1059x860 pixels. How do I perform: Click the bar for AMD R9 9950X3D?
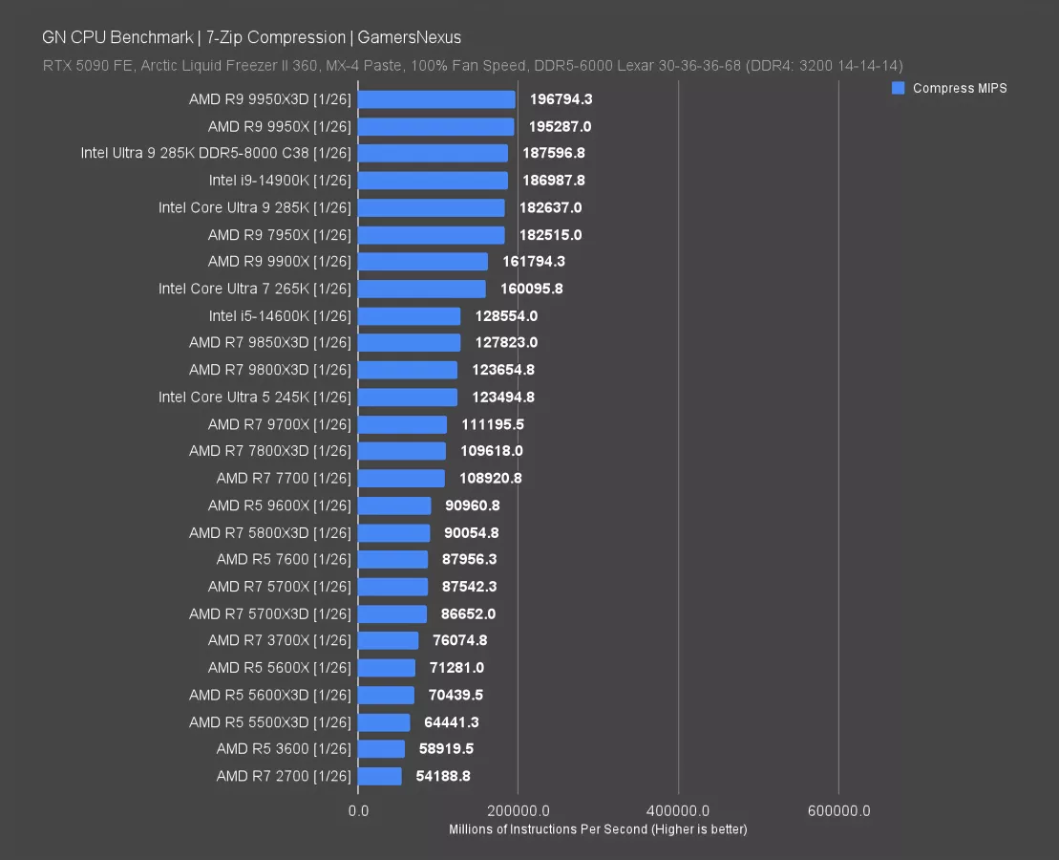coord(436,99)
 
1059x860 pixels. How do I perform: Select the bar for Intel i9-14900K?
coord(433,181)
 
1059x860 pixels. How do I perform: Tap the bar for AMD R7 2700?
coord(380,776)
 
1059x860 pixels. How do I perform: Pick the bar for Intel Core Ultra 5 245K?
coord(408,397)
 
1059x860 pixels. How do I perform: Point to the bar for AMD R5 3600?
coord(382,749)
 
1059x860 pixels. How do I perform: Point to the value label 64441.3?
coord(452,721)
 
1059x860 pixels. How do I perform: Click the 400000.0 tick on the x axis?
coord(678,811)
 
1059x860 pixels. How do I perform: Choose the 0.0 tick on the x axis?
coord(358,811)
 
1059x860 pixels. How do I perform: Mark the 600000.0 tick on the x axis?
coord(838,811)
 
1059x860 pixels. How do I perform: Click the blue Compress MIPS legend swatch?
coord(898,88)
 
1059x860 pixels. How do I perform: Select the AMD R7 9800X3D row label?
coord(270,370)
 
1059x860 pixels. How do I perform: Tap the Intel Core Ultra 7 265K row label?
coord(255,289)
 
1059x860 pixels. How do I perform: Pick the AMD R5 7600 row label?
coord(284,559)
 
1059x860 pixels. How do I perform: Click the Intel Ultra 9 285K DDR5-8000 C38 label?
coord(216,153)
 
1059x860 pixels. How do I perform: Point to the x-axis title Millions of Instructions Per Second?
coord(598,829)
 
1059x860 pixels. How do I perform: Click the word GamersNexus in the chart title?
coord(410,37)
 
